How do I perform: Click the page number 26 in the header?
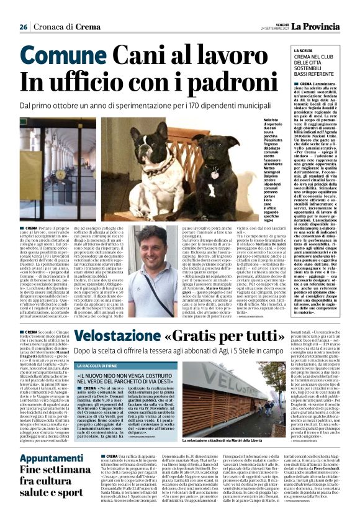[23, 27]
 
